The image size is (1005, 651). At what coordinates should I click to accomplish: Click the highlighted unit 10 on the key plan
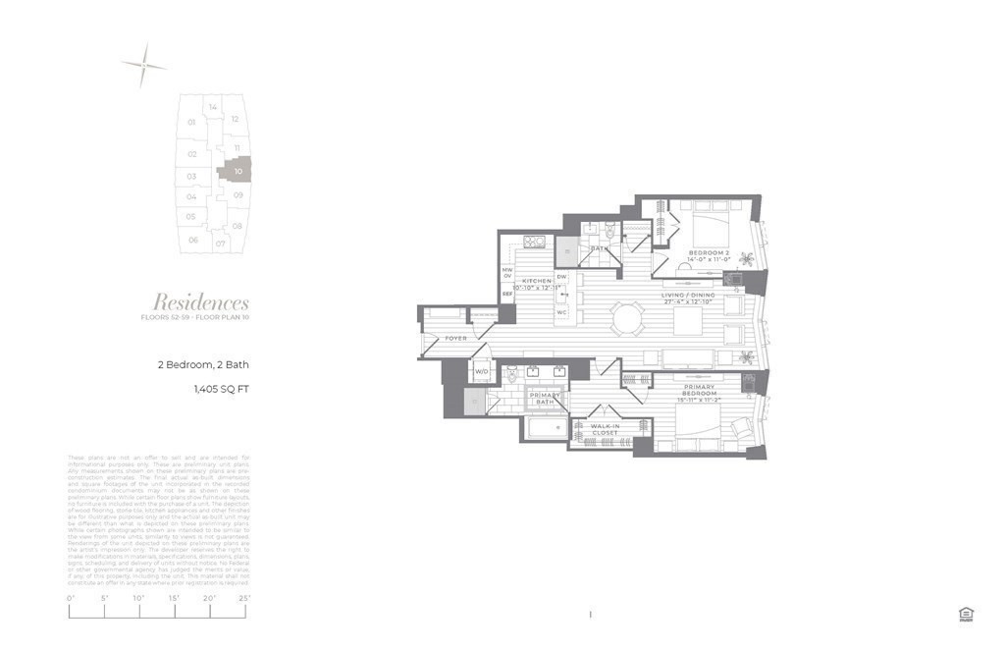(x=238, y=171)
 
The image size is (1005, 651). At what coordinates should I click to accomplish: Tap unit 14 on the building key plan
(x=212, y=107)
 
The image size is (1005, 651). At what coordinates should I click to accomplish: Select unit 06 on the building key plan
(x=193, y=240)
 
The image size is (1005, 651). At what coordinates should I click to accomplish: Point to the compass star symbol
(x=143, y=65)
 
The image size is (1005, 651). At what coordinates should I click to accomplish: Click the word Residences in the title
(x=200, y=302)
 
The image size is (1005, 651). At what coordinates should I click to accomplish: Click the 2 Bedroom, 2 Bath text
(x=204, y=364)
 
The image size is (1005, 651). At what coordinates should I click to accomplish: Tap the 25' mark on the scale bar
(x=243, y=598)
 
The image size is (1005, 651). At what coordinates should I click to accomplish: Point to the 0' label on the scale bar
(x=71, y=598)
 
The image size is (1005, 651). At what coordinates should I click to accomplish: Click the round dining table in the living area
(x=625, y=317)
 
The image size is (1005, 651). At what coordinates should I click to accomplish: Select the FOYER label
(x=456, y=339)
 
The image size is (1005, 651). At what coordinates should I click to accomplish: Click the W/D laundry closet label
(x=482, y=373)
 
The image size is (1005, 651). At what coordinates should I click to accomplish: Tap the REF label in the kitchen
(x=507, y=294)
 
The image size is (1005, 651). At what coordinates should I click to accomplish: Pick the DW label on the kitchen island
(x=562, y=277)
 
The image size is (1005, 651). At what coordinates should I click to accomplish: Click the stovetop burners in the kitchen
(x=534, y=243)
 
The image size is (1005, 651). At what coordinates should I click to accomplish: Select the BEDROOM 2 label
(x=708, y=253)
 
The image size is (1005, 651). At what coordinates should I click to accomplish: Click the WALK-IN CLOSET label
(x=606, y=429)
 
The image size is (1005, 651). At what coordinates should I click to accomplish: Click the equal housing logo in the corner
(x=965, y=615)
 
